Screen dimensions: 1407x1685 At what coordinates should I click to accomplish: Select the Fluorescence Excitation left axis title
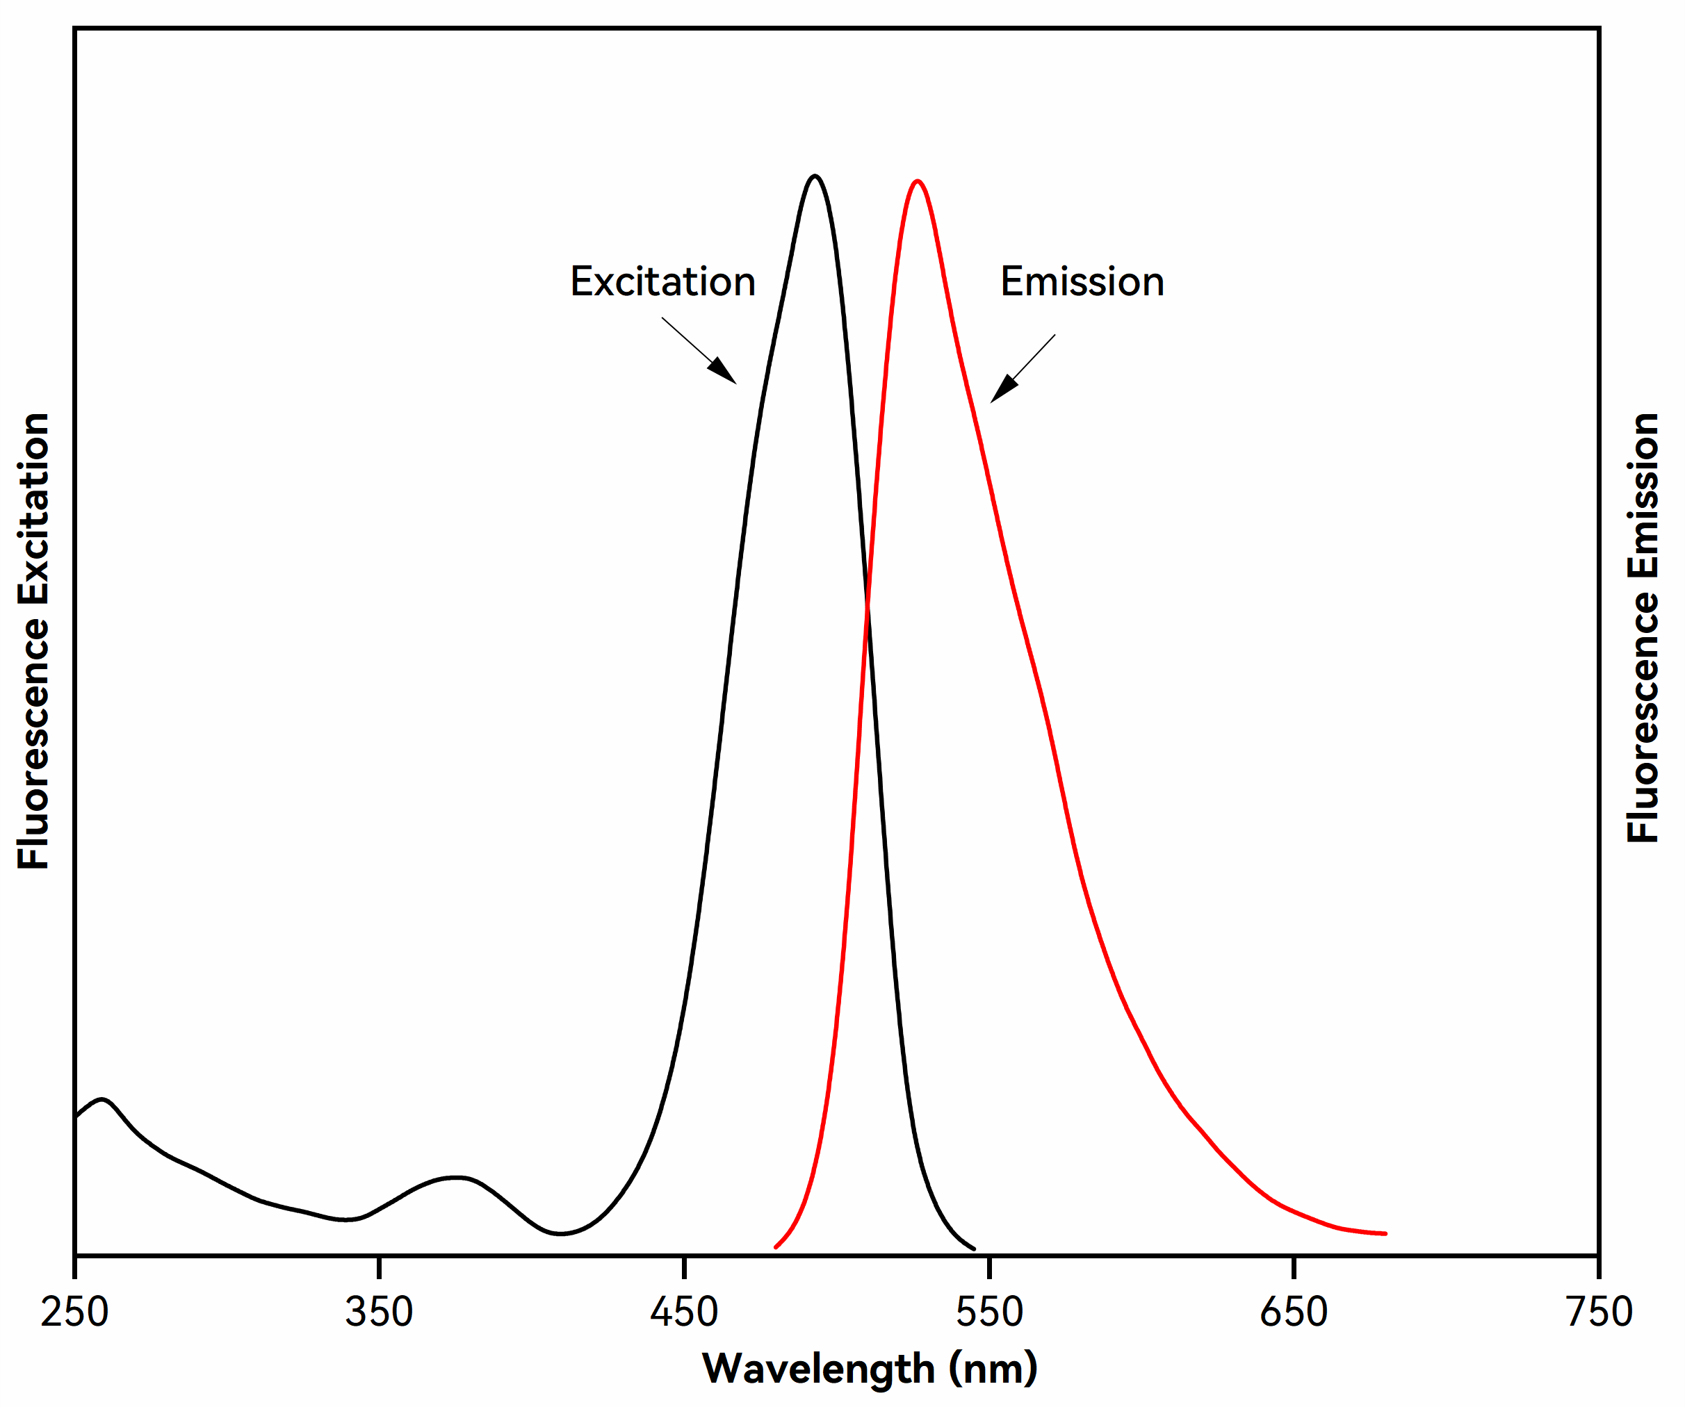(33, 642)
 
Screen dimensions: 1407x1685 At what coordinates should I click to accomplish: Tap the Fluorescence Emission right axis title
(1643, 628)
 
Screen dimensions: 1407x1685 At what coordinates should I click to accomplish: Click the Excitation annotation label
(662, 281)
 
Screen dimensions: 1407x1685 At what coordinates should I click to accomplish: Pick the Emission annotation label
(1082, 281)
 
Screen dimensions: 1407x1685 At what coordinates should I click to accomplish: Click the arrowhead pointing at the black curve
(724, 372)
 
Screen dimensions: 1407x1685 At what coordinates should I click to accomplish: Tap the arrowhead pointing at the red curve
(1002, 390)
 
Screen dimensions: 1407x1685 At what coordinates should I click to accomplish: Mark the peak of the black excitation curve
(815, 176)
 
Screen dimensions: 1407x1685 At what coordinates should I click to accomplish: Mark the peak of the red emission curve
(917, 181)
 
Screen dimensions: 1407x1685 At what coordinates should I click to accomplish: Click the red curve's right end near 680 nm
(1385, 1234)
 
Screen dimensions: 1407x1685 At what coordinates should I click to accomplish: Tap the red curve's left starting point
(776, 1247)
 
